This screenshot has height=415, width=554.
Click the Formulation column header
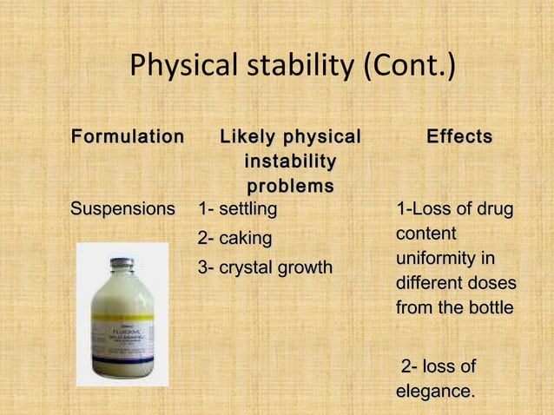(x=127, y=137)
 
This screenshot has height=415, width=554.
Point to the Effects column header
(x=459, y=137)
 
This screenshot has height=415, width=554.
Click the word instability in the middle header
(x=290, y=162)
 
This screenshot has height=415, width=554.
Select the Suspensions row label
(x=122, y=209)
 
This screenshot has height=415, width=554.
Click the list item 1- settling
(x=238, y=209)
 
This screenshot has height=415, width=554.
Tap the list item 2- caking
(x=235, y=238)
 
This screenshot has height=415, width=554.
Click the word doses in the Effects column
(x=491, y=283)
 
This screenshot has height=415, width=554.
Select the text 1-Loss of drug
(x=454, y=209)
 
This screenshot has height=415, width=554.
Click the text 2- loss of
(x=438, y=366)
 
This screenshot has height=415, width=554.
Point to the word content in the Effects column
(x=426, y=234)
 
